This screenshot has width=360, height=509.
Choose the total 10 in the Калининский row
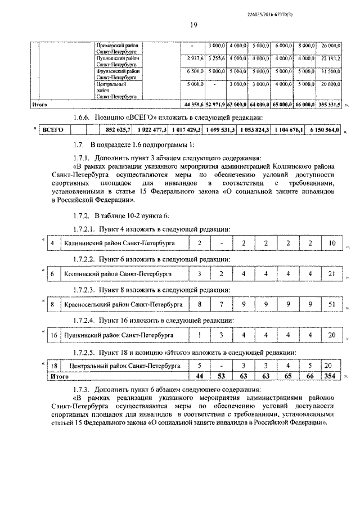[332, 243]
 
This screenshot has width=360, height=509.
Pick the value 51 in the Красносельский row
[332, 304]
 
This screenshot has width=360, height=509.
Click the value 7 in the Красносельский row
[222, 304]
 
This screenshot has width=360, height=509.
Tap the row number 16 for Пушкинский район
[53, 335]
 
